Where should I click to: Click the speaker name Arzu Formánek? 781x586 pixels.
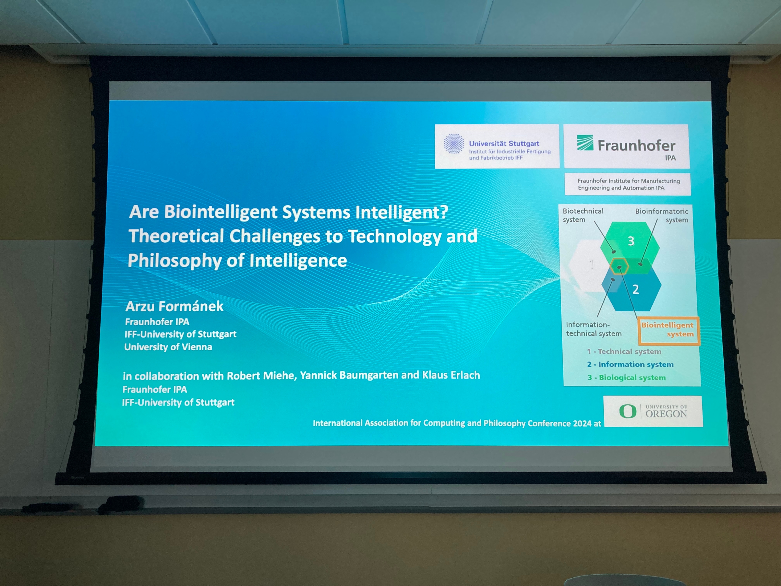[175, 306]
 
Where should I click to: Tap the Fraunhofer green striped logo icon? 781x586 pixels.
[585, 143]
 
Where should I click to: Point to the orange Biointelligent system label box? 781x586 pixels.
[668, 331]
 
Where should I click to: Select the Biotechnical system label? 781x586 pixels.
[583, 215]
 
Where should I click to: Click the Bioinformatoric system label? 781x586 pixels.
[661, 215]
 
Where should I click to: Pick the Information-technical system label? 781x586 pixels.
[593, 329]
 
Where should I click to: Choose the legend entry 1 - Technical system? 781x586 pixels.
[624, 351]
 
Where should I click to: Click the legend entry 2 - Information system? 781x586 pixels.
[630, 364]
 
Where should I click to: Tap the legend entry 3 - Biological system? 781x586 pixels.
[626, 377]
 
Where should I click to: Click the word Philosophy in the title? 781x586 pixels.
[175, 261]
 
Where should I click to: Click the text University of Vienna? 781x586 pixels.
[168, 347]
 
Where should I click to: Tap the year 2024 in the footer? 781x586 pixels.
[582, 423]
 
